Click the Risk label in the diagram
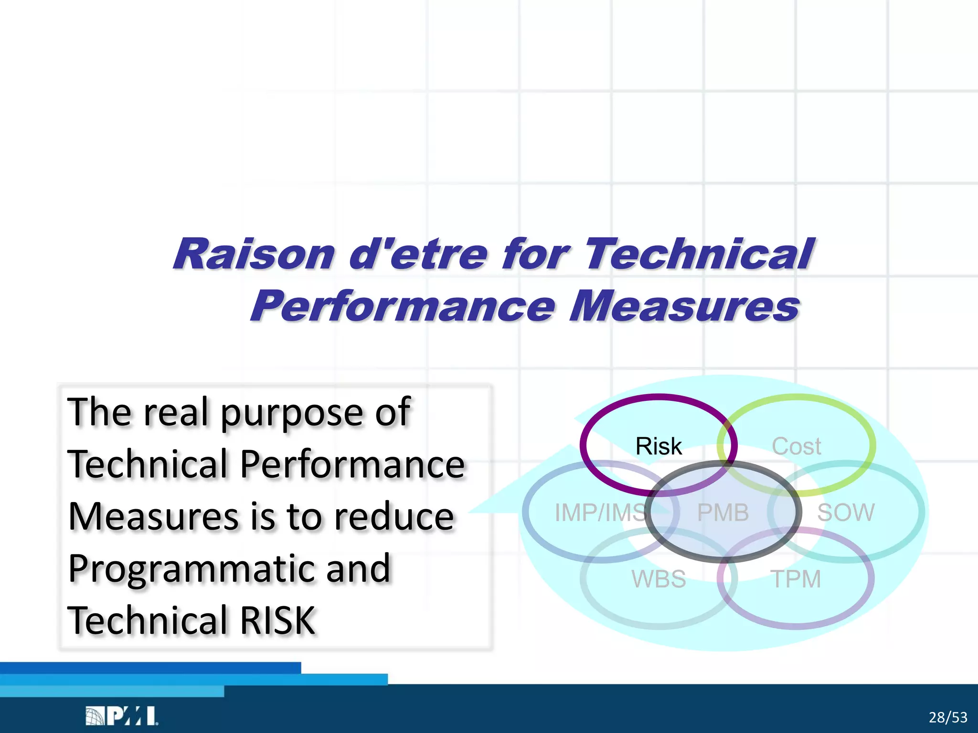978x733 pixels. [x=659, y=446]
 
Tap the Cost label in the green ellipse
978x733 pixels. [x=796, y=447]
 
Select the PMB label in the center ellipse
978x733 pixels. [x=723, y=513]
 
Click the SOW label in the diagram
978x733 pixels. [x=845, y=513]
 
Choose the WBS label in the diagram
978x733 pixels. [x=659, y=579]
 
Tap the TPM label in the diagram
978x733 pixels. [x=796, y=579]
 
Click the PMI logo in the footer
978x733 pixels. [x=122, y=716]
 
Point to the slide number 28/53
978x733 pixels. [x=948, y=717]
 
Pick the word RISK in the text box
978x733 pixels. [x=277, y=620]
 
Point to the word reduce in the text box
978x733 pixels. [x=393, y=516]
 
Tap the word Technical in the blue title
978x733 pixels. [x=699, y=254]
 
